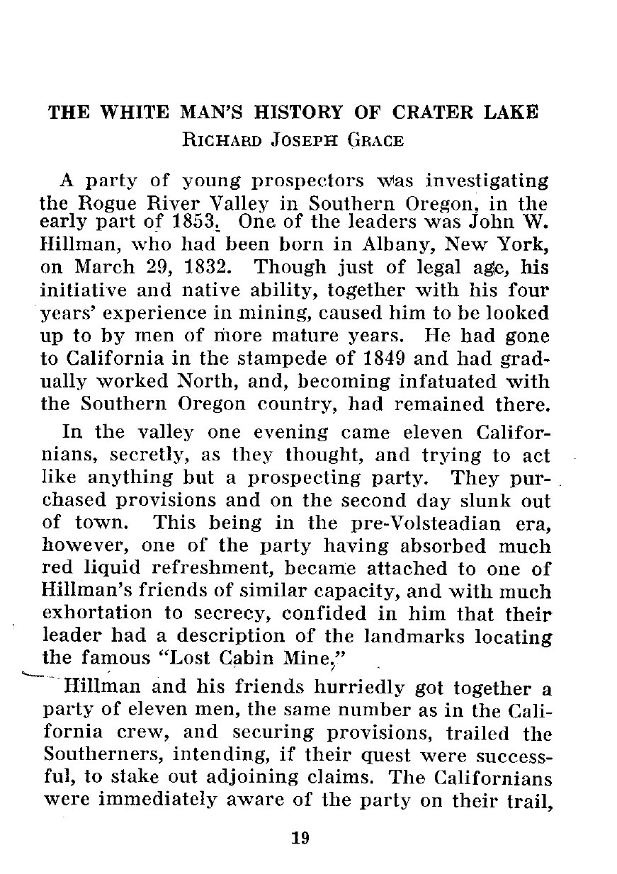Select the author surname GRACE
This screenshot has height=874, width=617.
coord(375,140)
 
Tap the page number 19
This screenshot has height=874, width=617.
coord(300,839)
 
